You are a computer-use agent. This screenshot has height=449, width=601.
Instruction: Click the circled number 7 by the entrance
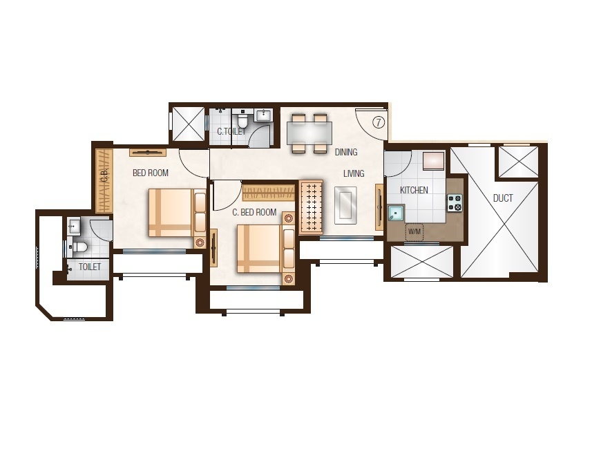(x=379, y=122)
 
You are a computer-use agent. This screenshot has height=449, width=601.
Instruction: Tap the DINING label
(x=346, y=152)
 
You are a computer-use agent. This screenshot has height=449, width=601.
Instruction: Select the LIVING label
(x=354, y=174)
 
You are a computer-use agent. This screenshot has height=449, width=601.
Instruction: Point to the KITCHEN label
(x=414, y=190)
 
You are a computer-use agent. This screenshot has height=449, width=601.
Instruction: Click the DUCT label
(x=503, y=199)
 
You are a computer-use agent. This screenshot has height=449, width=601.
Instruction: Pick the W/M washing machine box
(x=414, y=231)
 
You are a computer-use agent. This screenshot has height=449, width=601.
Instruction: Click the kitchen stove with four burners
(x=455, y=202)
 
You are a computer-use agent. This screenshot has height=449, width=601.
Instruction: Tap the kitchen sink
(x=396, y=213)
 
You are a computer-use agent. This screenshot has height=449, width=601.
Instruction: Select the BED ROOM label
(x=151, y=173)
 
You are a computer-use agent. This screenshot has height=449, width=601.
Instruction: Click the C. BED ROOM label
(x=254, y=213)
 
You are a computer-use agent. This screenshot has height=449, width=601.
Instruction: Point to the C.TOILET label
(x=231, y=132)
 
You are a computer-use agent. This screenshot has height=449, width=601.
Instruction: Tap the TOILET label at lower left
(x=90, y=267)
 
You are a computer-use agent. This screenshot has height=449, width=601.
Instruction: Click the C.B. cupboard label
(x=104, y=176)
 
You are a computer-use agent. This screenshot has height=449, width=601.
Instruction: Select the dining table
(x=309, y=133)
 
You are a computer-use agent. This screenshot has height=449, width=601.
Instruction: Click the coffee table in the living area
(x=345, y=204)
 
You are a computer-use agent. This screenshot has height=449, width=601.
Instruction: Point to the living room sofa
(x=311, y=207)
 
